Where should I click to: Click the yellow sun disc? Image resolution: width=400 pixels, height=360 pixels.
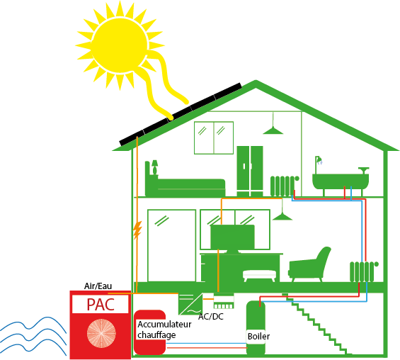tap(120, 45)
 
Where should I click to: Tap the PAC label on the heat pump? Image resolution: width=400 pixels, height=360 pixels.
tap(101, 304)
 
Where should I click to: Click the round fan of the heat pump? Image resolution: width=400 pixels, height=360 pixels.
tap(101, 333)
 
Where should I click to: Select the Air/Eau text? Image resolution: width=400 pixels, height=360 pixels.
tap(98, 286)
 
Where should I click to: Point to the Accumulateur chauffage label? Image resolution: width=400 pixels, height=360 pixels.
tap(164, 330)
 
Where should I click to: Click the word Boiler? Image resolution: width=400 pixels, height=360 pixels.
tap(258, 336)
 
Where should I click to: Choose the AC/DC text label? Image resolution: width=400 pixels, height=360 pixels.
tap(211, 316)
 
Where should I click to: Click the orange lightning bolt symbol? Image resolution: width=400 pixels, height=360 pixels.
tap(137, 230)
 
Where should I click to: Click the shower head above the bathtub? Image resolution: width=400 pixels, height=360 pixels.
tap(319, 160)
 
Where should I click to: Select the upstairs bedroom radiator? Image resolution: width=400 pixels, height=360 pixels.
tap(284, 186)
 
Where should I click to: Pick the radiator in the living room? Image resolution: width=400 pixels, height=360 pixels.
tap(363, 271)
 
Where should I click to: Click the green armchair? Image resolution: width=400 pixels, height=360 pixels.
tap(309, 265)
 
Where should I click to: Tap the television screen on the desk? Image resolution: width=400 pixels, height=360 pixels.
tap(232, 237)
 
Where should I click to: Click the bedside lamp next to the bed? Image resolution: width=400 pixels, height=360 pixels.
tap(154, 167)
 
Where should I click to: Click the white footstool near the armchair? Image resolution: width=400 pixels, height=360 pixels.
tap(259, 276)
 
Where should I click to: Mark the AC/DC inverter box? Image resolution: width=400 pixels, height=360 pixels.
tap(190, 304)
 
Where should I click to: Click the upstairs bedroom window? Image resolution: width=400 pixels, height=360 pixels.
tap(214, 138)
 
